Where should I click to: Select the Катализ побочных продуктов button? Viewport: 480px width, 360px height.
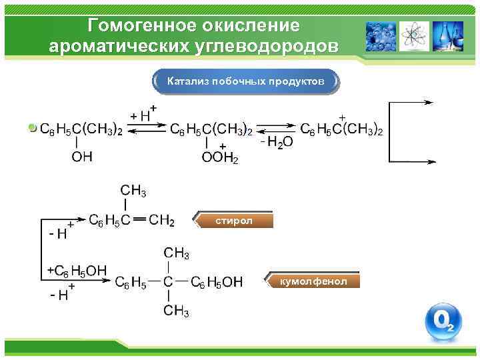245,81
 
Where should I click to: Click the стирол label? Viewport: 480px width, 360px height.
234,221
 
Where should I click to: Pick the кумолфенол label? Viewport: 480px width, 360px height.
313,281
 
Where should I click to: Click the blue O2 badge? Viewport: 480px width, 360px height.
443,321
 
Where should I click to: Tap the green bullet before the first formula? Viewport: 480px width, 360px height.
33,127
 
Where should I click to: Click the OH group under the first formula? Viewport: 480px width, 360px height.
82,157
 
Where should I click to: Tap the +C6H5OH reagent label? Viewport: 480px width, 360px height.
77,270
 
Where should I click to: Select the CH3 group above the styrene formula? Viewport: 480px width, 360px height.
133,191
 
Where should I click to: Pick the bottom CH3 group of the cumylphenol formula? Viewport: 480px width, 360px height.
177,310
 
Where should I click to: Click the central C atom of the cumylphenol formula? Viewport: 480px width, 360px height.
169,282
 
